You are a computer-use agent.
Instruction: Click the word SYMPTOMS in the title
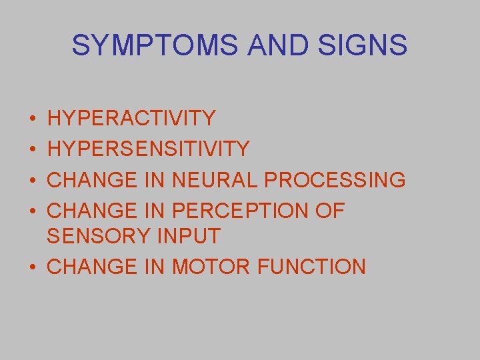[155, 45]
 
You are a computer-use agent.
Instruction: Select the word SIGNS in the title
[365, 45]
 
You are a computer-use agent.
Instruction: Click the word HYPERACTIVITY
[132, 119]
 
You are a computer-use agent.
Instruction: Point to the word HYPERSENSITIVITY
[149, 149]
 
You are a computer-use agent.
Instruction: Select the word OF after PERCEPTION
[329, 211]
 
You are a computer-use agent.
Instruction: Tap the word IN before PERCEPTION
[155, 211]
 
